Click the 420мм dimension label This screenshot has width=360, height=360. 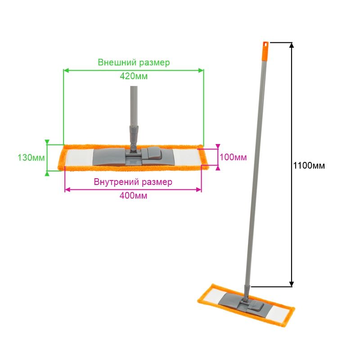134,76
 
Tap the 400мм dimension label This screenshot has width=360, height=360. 133,196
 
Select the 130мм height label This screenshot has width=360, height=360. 31,158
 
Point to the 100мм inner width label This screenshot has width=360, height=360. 233,157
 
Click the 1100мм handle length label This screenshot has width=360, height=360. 309,166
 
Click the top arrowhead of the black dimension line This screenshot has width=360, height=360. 292,45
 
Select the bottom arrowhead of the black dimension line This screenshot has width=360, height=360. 292,284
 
